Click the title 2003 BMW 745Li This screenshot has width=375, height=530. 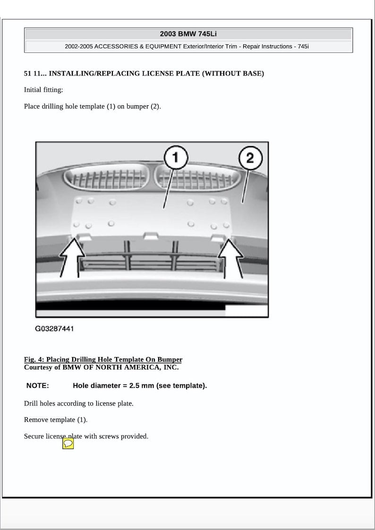[x=188, y=34]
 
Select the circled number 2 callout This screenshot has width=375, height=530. [x=249, y=158]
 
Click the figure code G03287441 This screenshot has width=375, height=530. [x=54, y=328]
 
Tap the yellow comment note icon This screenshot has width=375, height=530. [x=68, y=444]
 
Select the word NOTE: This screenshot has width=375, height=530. [x=37, y=385]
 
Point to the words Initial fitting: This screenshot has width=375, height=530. [x=43, y=90]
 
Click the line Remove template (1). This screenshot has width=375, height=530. [x=56, y=419]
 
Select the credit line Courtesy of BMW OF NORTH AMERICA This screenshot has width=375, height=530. [x=101, y=367]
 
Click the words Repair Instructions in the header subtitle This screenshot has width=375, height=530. [x=267, y=47]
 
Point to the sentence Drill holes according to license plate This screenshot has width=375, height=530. [x=79, y=403]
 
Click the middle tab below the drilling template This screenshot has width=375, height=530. [x=151, y=235]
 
